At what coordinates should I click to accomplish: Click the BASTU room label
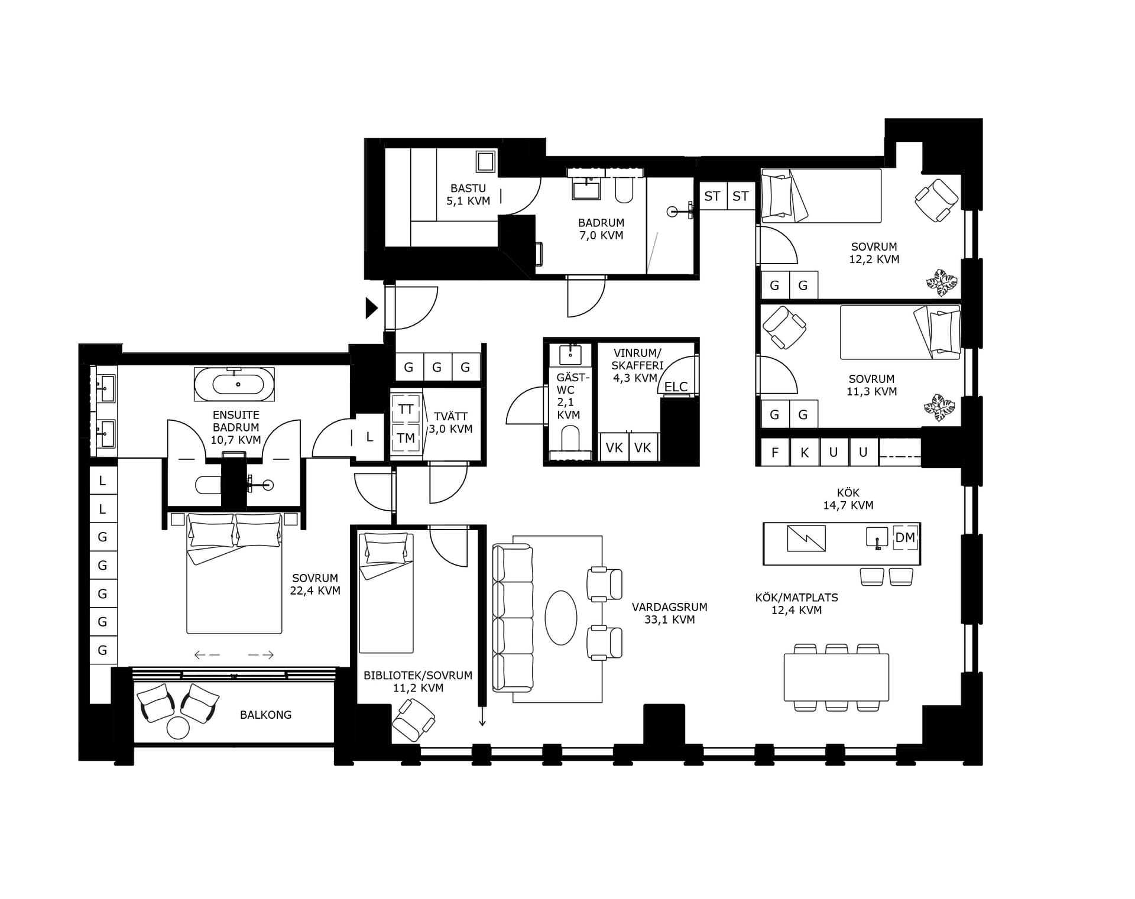[468, 189]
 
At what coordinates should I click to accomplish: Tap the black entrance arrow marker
[371, 308]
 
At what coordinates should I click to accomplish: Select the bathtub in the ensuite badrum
[234, 384]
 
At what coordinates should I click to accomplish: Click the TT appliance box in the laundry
[406, 409]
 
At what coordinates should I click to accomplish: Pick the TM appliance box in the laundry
[406, 438]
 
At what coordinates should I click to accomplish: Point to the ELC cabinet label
[676, 387]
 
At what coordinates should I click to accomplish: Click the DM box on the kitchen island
[905, 537]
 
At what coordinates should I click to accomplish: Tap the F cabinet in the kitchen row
[775, 453]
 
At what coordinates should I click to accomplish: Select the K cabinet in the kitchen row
[805, 453]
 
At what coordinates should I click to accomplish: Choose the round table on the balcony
[178, 728]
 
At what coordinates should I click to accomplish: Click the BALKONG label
[265, 715]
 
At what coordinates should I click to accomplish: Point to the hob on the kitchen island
[806, 538]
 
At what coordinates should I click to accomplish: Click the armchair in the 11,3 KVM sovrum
[784, 327]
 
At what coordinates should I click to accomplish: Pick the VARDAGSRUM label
[669, 607]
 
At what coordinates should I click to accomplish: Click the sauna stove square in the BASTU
[486, 161]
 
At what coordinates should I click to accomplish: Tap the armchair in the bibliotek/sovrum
[414, 720]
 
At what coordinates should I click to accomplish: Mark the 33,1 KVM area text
[669, 620]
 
